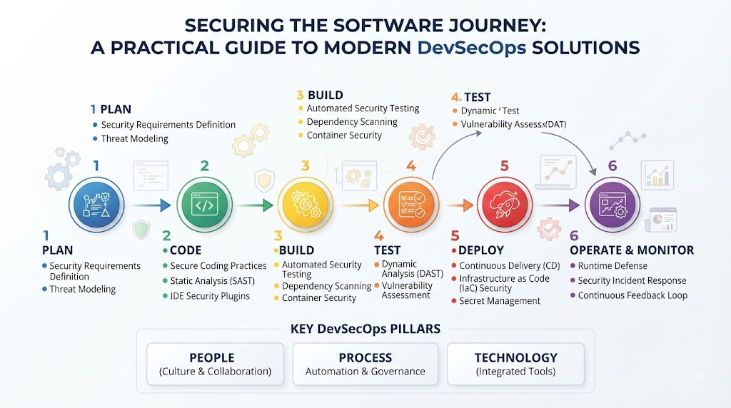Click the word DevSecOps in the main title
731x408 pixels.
click(472, 48)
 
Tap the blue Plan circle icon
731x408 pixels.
click(96, 205)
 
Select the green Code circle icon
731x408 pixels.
click(204, 205)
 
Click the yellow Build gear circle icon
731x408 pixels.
click(306, 205)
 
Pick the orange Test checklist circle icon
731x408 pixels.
click(411, 205)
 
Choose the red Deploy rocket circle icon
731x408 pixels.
click(505, 205)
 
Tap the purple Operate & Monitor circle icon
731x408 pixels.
click(612, 205)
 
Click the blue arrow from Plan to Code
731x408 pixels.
click(151, 205)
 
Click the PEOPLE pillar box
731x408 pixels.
click(215, 364)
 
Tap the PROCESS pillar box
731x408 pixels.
click(365, 364)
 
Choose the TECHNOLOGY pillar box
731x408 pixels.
click(515, 364)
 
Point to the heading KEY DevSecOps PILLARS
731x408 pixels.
click(365, 329)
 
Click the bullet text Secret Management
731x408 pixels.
click(500, 301)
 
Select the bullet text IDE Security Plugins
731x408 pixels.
click(210, 296)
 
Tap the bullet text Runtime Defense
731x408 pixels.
click(612, 266)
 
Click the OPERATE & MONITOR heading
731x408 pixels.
click(632, 250)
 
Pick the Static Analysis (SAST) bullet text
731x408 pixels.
click(213, 281)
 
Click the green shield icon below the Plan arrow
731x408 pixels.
click(141, 230)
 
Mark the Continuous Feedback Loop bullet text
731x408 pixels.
click(632, 295)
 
